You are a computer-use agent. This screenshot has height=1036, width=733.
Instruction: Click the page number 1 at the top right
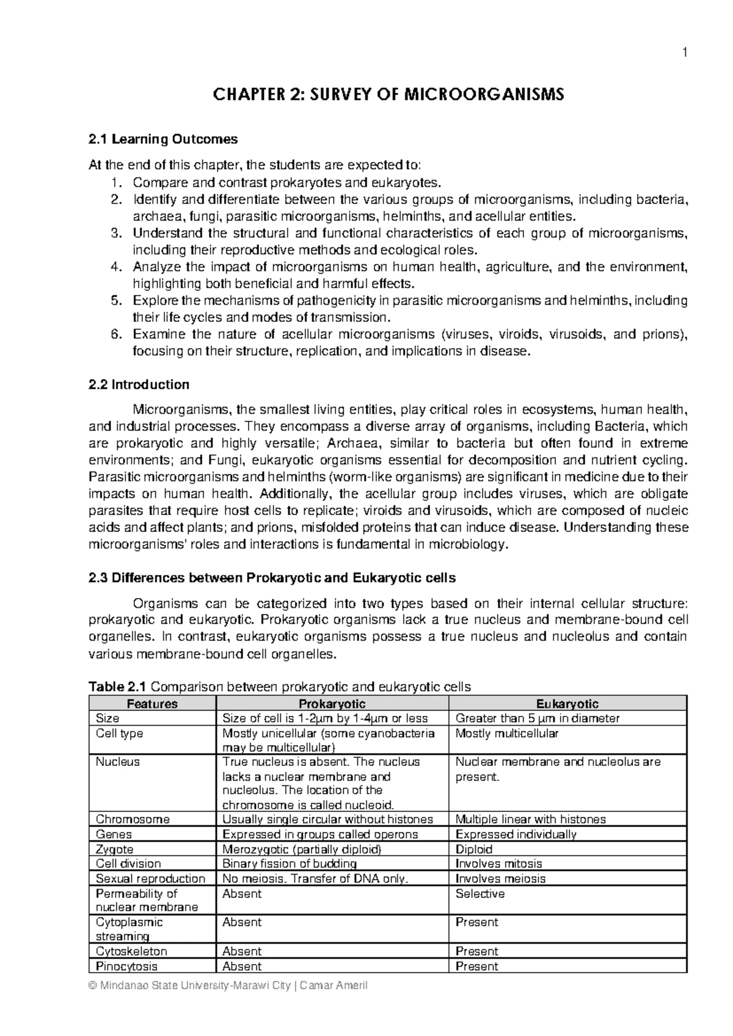[685, 53]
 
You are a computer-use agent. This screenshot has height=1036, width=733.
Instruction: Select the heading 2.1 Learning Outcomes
[163, 139]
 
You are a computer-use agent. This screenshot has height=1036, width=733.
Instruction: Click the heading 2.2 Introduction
[139, 384]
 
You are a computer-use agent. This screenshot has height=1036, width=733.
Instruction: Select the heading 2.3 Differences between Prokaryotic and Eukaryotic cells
[272, 577]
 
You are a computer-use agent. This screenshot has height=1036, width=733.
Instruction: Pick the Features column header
[152, 704]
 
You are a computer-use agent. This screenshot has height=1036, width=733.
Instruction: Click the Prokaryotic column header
[332, 704]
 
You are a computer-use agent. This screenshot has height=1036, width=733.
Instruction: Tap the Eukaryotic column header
[567, 704]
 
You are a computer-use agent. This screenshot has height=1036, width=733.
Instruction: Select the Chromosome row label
[133, 819]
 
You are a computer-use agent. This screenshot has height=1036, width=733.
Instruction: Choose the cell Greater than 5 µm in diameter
[538, 718]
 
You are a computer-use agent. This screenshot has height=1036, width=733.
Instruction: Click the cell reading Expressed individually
[516, 834]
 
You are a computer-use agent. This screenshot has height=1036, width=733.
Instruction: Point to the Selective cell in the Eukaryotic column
[480, 894]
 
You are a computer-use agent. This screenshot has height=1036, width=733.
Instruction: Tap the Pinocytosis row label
[126, 966]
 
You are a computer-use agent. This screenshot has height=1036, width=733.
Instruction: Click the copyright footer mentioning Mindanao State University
[228, 986]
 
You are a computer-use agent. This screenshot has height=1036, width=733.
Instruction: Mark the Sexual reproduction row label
[150, 878]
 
